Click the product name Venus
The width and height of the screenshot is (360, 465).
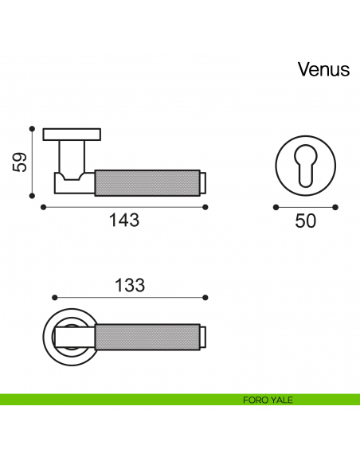click(324, 70)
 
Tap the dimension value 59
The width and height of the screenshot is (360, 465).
click(20, 162)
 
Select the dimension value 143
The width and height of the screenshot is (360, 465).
click(124, 220)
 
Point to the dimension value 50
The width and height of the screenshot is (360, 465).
click(305, 221)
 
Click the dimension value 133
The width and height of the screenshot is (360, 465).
click(130, 285)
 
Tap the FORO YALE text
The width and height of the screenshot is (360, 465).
click(268, 400)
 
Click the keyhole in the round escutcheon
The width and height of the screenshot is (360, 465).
click(305, 166)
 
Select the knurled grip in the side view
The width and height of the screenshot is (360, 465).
click(147, 183)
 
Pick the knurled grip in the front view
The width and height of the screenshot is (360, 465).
click(147, 337)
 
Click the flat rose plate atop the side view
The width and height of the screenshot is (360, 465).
click(72, 135)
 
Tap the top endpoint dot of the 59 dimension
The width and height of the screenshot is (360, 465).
click(32, 129)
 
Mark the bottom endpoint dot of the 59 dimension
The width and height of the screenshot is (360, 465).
click(32, 196)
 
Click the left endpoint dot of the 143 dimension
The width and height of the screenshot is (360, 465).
click(43, 207)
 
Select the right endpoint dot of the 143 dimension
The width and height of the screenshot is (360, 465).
click(205, 207)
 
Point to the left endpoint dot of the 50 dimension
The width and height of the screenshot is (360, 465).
click(276, 207)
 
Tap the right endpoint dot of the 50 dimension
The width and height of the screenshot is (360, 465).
click(335, 207)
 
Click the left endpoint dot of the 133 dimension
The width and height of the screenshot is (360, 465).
click(55, 298)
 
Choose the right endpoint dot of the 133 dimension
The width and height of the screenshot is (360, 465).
click(205, 298)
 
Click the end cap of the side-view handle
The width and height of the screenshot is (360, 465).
click(203, 183)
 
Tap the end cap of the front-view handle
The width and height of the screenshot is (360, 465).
click(203, 337)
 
